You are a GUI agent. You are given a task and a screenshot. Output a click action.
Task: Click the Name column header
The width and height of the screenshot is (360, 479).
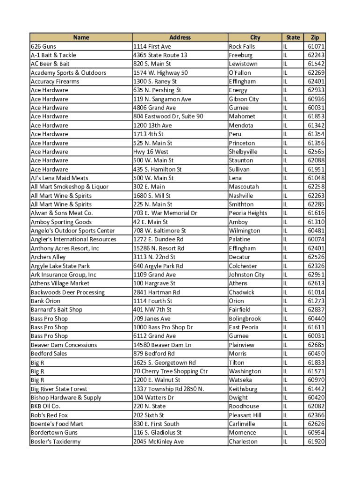coord(81,37)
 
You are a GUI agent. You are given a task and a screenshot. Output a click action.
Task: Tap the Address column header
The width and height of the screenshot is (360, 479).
coord(180,37)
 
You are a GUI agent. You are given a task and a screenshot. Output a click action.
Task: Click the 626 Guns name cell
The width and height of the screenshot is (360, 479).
coord(43,46)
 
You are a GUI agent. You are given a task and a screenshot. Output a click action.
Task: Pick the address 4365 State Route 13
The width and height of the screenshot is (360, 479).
coord(160,55)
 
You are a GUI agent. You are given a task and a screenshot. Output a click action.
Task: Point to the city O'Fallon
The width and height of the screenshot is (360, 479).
coord(240,73)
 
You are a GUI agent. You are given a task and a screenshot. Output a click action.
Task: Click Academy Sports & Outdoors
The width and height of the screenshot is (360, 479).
coord(68,73)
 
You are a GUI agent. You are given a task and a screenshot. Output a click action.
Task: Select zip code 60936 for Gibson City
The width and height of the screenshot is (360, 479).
coord(316,99)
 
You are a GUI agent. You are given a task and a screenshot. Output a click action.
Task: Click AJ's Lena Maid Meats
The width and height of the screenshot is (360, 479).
coord(59,178)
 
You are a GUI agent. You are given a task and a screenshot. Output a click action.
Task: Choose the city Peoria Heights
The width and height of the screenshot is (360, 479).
coord(248,213)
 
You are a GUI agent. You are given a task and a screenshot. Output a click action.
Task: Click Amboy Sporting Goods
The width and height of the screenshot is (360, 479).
coord(61,222)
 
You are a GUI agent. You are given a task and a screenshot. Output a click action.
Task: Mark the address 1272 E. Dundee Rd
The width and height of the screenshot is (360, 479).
coord(158,239)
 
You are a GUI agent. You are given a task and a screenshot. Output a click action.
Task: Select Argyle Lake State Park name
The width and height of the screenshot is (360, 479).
coord(60,266)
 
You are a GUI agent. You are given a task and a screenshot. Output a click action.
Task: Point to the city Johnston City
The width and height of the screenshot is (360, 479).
coord(246,275)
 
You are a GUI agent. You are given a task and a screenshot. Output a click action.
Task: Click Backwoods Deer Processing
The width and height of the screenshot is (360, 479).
coord(68,292)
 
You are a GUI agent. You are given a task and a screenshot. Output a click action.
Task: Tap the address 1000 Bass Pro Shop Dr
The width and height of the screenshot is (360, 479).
coord(163,327)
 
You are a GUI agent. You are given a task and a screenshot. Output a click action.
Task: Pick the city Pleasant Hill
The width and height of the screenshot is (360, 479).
coord(245,415)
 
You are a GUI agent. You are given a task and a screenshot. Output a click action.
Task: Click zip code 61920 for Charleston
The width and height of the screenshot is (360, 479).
coord(316,442)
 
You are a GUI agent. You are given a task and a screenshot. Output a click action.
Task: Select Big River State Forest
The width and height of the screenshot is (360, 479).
coord(59,389)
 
